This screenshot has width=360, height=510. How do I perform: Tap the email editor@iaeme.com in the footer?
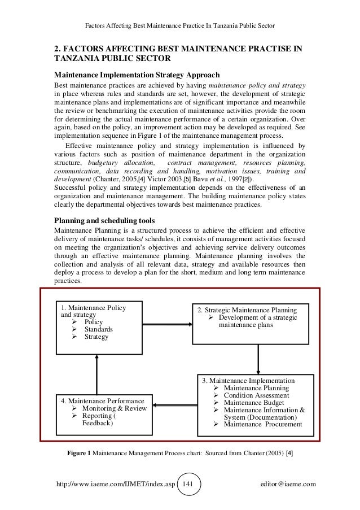[x=287, y=485]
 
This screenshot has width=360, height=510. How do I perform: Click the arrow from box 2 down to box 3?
[x=258, y=358]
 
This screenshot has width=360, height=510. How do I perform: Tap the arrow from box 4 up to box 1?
[x=97, y=373]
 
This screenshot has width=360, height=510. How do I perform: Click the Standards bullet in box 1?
[x=98, y=329]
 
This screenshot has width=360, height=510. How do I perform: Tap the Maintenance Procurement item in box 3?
[x=262, y=424]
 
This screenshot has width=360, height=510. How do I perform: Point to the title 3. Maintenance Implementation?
[x=248, y=381]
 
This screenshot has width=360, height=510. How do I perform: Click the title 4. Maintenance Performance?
[x=102, y=400]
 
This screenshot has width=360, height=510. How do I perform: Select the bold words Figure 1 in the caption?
[x=80, y=453]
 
